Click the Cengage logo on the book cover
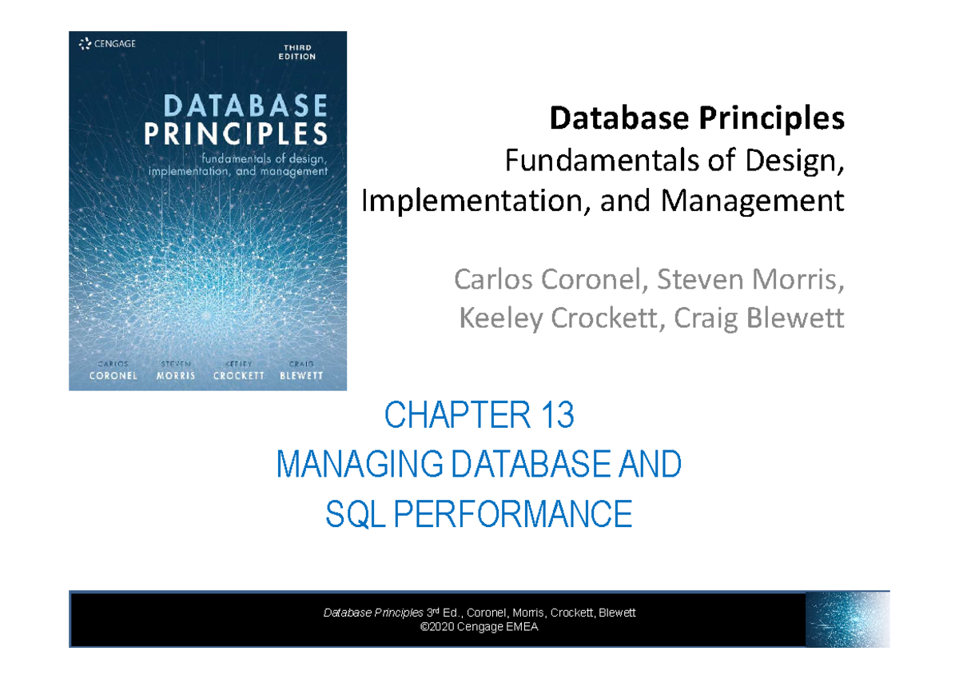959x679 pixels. pyautogui.click(x=107, y=44)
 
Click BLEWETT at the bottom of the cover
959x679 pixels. pyautogui.click(x=301, y=375)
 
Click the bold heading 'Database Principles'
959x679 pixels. pyautogui.click(x=695, y=119)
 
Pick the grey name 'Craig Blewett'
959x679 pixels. pyautogui.click(x=759, y=319)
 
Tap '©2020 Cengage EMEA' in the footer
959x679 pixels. pyautogui.click(x=479, y=627)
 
